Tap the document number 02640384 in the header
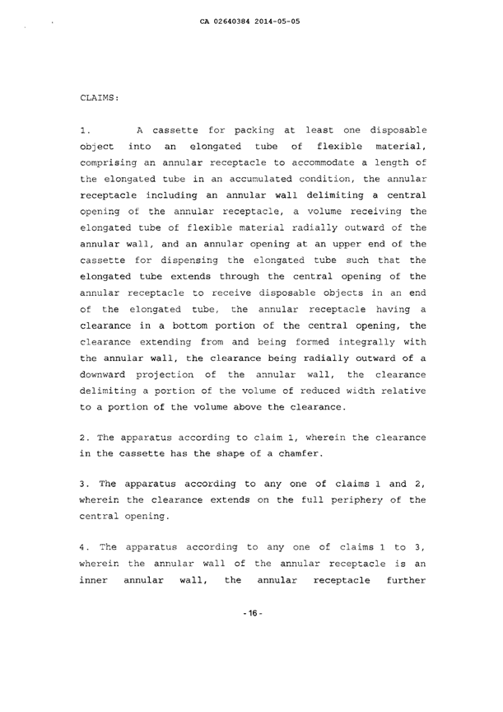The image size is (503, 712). pyautogui.click(x=240, y=19)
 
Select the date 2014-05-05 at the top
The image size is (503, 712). pyautogui.click(x=284, y=19)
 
